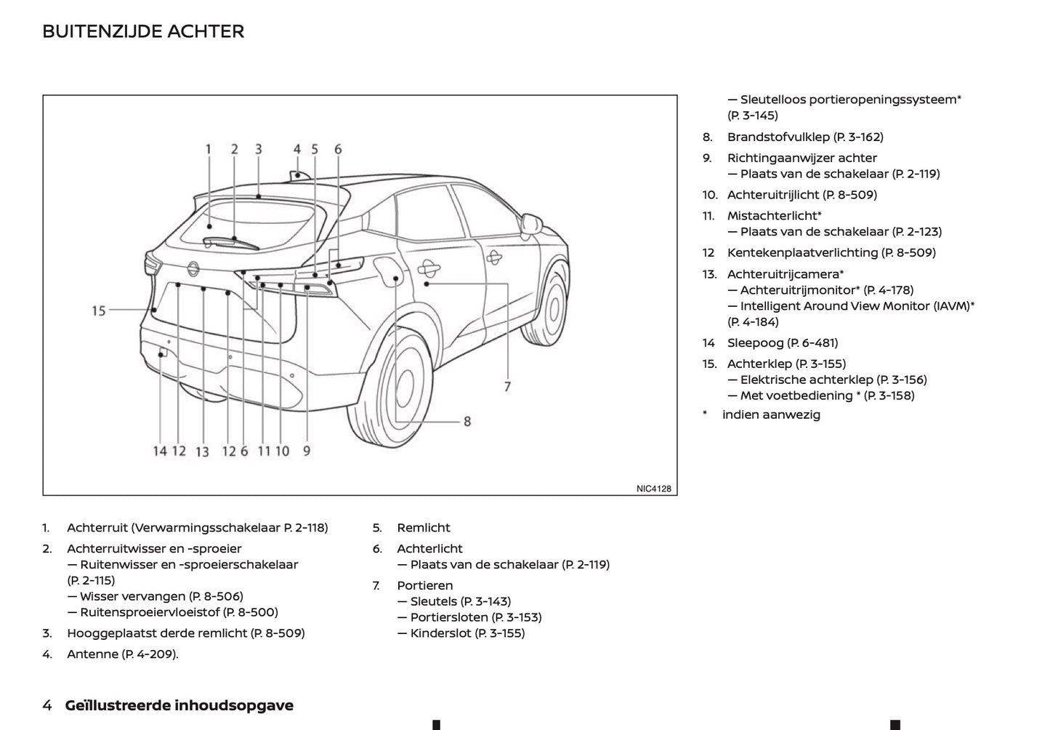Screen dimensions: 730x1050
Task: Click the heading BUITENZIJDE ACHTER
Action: pos(143,31)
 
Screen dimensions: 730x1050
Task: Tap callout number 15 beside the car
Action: pos(99,311)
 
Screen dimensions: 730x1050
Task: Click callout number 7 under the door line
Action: pos(507,387)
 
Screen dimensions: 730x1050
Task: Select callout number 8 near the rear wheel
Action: pos(467,421)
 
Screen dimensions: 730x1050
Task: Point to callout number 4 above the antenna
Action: pos(296,149)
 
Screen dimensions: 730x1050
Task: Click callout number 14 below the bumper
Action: pos(160,452)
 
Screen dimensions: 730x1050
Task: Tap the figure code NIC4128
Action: pos(653,489)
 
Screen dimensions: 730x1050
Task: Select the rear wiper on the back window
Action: pos(231,243)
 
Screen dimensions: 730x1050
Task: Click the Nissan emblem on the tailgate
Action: pos(193,268)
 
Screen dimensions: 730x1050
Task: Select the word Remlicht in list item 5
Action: pos(423,528)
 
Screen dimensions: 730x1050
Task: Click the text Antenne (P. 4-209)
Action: pos(122,654)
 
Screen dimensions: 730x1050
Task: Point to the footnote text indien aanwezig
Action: pos(771,414)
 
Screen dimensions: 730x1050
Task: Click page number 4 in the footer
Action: pos(47,705)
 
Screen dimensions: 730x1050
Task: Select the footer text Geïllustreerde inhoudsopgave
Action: pos(179,705)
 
